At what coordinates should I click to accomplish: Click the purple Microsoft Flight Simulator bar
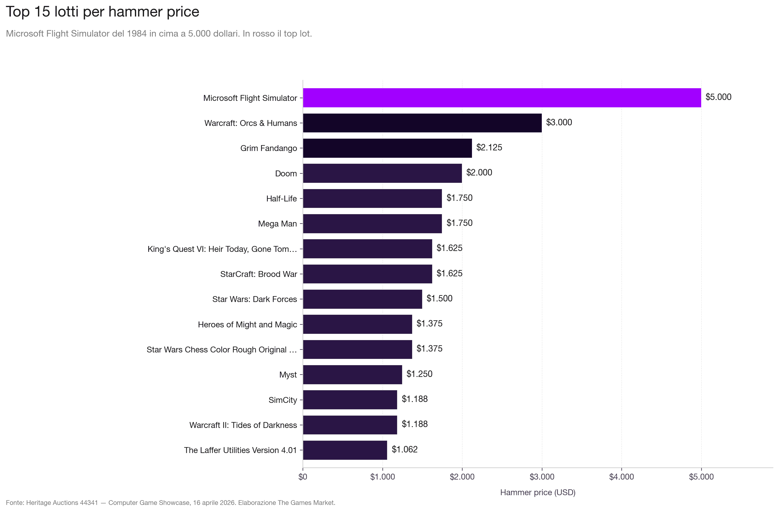502,98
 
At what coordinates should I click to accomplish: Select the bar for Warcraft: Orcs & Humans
422,123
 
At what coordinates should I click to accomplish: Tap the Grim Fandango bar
387,148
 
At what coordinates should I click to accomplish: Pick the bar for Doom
382,173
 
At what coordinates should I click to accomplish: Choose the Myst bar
352,375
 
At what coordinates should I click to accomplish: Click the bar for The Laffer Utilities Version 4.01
345,450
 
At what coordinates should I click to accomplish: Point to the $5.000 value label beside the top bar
718,97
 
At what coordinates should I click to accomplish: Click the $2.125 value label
489,147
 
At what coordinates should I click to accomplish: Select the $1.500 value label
439,298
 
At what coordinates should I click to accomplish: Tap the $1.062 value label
405,449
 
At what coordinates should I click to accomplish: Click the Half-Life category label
281,198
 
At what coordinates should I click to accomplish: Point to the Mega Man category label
277,224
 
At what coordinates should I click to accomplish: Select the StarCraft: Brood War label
259,274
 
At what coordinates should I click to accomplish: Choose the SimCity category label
283,400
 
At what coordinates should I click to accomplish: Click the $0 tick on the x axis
303,477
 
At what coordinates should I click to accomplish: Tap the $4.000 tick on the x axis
621,477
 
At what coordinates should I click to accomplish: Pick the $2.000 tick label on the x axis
462,477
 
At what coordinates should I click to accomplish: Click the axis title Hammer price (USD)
537,492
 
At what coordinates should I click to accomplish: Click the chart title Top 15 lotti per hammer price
103,12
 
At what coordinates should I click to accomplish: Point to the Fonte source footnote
171,503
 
